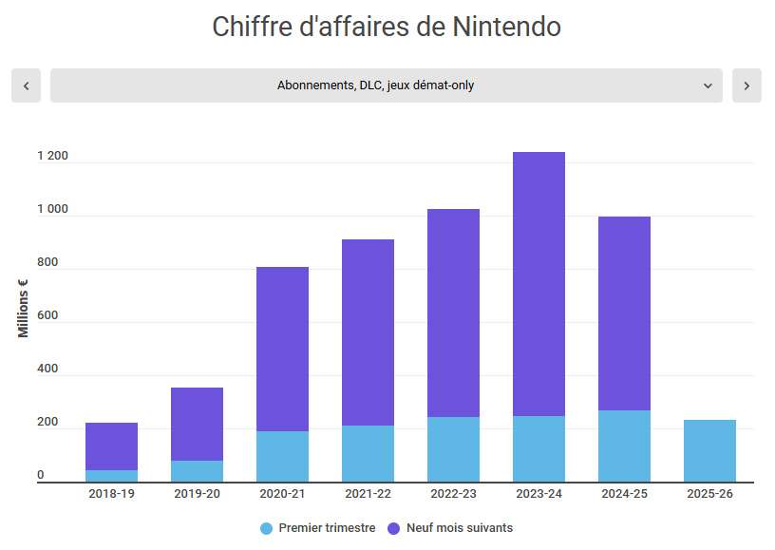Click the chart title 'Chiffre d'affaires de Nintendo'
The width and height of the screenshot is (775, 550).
click(387, 27)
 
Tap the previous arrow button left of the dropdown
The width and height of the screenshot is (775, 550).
click(26, 85)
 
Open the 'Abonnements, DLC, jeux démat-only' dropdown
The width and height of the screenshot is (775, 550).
click(386, 85)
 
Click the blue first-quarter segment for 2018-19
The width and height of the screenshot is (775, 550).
click(111, 476)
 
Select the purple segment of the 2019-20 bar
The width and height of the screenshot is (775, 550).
click(197, 424)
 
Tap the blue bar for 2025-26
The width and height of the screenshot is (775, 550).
click(709, 450)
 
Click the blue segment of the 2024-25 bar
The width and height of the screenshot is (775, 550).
click(624, 446)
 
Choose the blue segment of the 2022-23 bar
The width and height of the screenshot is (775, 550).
click(453, 448)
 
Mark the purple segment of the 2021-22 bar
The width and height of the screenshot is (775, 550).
click(368, 332)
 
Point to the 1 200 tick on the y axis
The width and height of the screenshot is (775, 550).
click(52, 157)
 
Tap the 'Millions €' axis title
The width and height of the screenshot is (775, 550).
click(23, 308)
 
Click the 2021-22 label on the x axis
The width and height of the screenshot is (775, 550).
click(368, 494)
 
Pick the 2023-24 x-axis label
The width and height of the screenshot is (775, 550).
click(539, 494)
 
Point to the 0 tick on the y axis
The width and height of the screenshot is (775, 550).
click(40, 475)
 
